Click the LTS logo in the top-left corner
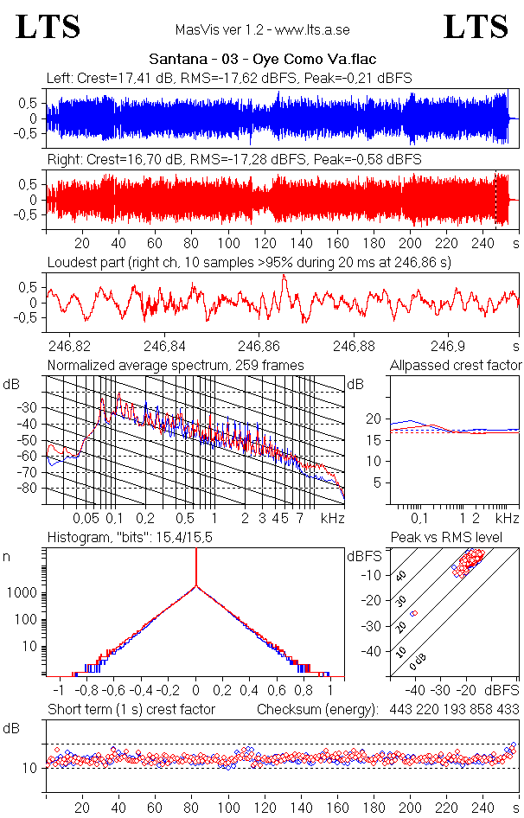[x=48, y=27]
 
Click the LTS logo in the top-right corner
[x=476, y=27]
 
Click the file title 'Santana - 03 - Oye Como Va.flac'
[x=262, y=60]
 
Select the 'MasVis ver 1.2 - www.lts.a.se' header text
[x=262, y=30]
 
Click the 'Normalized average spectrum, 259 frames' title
[x=176, y=366]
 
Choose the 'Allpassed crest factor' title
[x=456, y=366]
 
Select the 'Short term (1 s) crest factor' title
[x=131, y=709]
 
